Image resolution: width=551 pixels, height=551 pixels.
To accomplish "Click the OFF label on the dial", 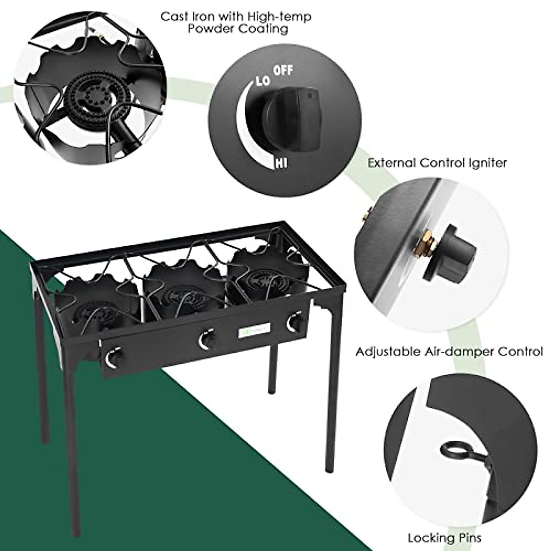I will pos(283,71).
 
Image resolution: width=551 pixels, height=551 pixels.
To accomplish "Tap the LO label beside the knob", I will pos(262,82).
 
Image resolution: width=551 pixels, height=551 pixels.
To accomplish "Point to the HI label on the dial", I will pos(281,163).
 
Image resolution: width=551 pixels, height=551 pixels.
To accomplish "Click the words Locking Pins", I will pos(444,537).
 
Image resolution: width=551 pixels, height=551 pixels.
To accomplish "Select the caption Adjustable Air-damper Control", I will pos(449,352).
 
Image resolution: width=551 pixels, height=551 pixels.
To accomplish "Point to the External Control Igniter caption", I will pos(437,163).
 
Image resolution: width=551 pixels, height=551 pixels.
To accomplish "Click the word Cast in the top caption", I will pos(174,17).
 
